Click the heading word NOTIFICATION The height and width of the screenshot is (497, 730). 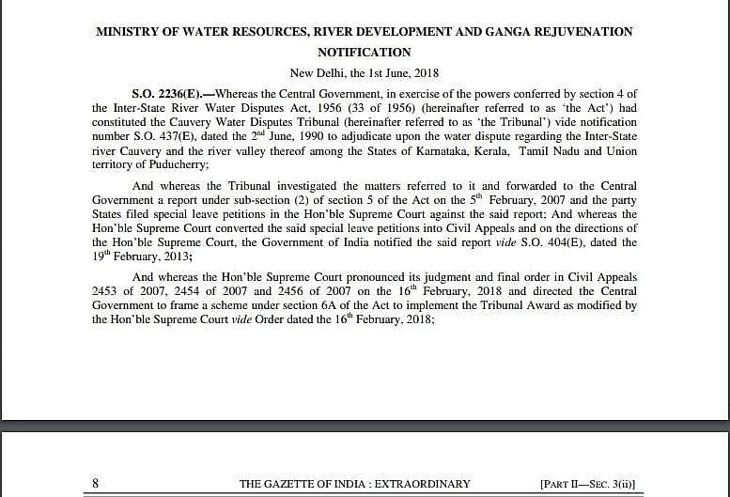[x=365, y=52]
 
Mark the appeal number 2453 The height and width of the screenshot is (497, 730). [x=106, y=291]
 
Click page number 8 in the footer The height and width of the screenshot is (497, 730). [x=96, y=484]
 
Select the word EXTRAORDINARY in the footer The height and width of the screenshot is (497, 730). [x=425, y=484]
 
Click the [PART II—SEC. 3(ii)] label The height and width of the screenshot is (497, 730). [x=587, y=484]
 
